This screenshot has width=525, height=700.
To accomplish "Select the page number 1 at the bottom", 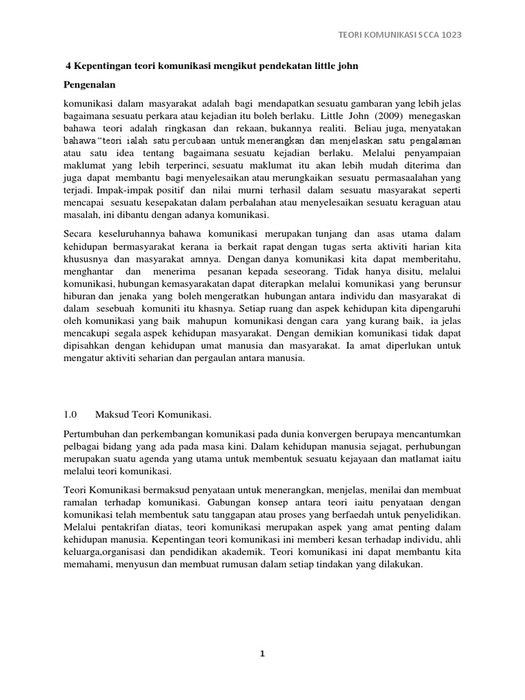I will pyautogui.click(x=262, y=654).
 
